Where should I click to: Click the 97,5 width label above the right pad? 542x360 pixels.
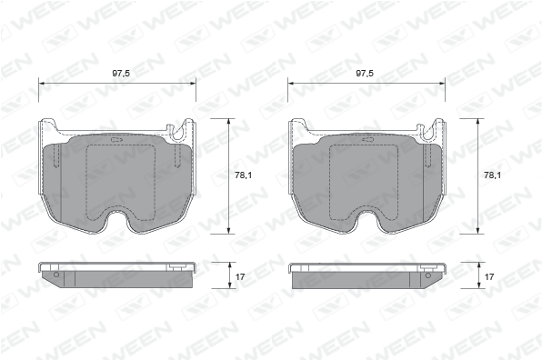(365, 74)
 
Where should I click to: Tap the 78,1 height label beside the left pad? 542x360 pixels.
(244, 175)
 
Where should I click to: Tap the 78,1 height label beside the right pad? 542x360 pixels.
(493, 175)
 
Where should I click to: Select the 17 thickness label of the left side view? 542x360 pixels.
(240, 276)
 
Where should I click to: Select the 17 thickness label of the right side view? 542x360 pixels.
(489, 276)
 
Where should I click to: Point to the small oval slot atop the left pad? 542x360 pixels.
(115, 140)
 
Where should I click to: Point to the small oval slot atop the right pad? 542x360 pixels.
(367, 139)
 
